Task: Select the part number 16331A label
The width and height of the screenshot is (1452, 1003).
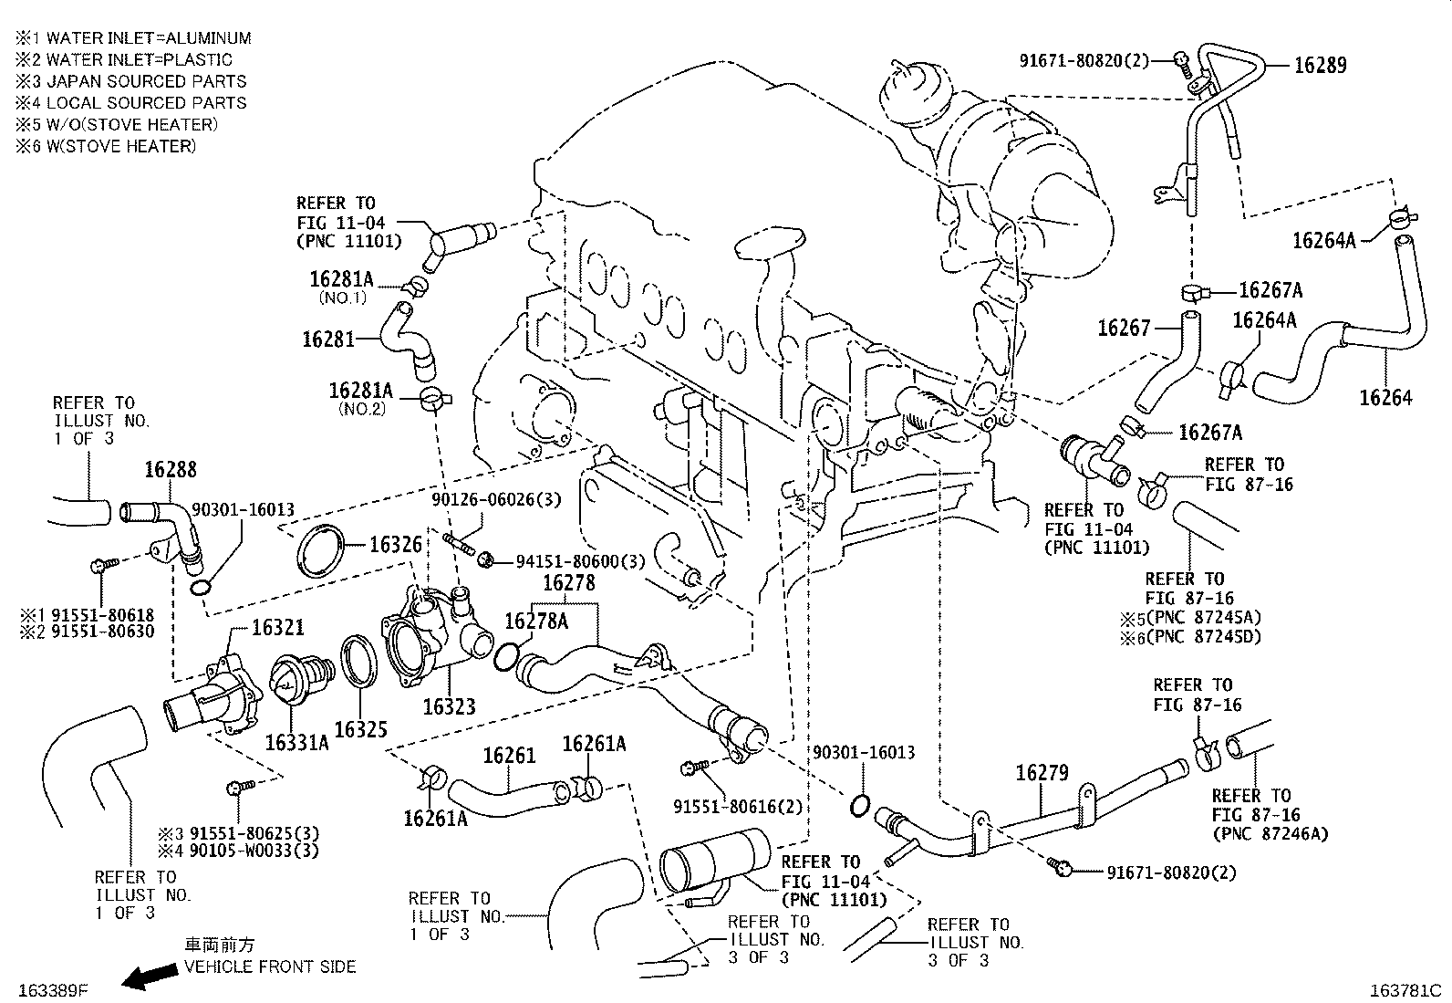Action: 296,742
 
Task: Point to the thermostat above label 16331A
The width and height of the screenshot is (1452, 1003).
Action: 295,682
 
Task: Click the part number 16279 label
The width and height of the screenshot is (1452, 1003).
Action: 1042,773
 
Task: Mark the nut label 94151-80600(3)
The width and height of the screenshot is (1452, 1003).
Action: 580,560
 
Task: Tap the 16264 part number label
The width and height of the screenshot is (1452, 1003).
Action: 1385,397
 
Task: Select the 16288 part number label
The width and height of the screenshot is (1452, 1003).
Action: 171,470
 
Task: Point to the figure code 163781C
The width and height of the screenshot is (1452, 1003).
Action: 1406,989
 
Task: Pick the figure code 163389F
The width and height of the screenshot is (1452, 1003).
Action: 50,988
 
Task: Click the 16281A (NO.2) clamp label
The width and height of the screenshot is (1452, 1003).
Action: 359,391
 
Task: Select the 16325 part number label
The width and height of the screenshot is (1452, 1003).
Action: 360,729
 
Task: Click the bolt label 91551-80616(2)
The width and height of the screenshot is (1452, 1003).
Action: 739,807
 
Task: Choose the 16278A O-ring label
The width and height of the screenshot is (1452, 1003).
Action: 536,622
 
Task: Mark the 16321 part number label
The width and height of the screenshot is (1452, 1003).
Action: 277,628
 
